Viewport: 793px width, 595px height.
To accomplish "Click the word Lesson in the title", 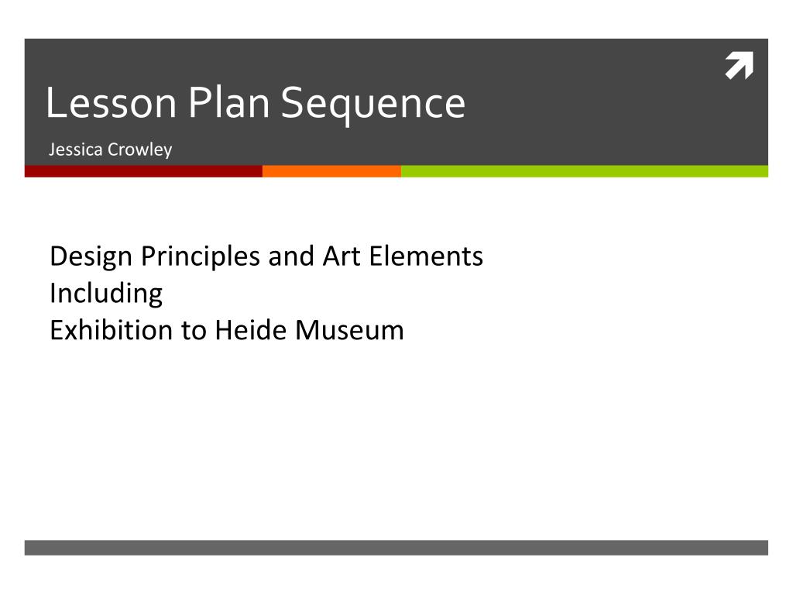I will (x=111, y=103).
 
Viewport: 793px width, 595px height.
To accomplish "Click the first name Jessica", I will (x=76, y=150).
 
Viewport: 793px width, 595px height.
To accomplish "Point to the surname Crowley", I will (x=140, y=150).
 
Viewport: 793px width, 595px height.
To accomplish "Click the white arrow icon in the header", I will (x=739, y=67).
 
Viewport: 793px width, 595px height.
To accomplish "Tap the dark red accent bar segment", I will (x=143, y=171).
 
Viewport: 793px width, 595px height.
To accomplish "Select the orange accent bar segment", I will (x=331, y=171).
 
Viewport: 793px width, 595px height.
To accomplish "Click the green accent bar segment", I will (x=584, y=171).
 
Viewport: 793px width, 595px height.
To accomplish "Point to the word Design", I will (x=91, y=256).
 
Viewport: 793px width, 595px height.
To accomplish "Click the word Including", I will (x=106, y=294).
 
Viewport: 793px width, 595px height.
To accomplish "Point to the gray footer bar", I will (x=396, y=548).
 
